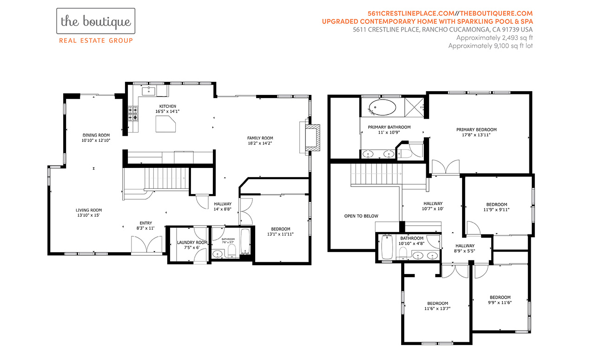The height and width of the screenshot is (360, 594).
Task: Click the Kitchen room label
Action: pos(168,106)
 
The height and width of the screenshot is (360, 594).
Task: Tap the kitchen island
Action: pos(165,124)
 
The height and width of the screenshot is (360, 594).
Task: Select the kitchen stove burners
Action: pos(133,113)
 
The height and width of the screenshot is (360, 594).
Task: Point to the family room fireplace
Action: pos(312,137)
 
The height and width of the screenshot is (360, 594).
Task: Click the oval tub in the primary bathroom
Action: pos(382,107)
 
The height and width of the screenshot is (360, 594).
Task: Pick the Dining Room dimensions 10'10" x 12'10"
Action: pos(96,140)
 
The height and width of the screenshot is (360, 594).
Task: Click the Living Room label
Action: pos(89,210)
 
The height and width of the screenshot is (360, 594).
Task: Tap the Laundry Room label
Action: pos(192,242)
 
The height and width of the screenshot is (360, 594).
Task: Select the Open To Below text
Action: pos(361,216)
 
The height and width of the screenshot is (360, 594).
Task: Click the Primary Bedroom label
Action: pos(476,130)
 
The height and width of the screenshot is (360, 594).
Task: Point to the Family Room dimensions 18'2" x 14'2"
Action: pos(260,143)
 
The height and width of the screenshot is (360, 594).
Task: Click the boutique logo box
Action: pos(96,21)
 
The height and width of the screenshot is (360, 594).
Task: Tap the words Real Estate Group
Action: pos(96,40)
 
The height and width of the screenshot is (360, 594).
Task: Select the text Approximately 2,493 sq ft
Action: pos(495,38)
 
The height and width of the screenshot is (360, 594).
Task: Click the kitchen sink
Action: pos(149,91)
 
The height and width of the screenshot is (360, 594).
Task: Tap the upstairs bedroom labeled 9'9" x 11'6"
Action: pos(500,300)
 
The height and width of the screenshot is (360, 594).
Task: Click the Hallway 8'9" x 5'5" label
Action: pos(465,248)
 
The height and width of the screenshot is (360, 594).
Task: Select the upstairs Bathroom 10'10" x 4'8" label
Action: pos(411,241)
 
